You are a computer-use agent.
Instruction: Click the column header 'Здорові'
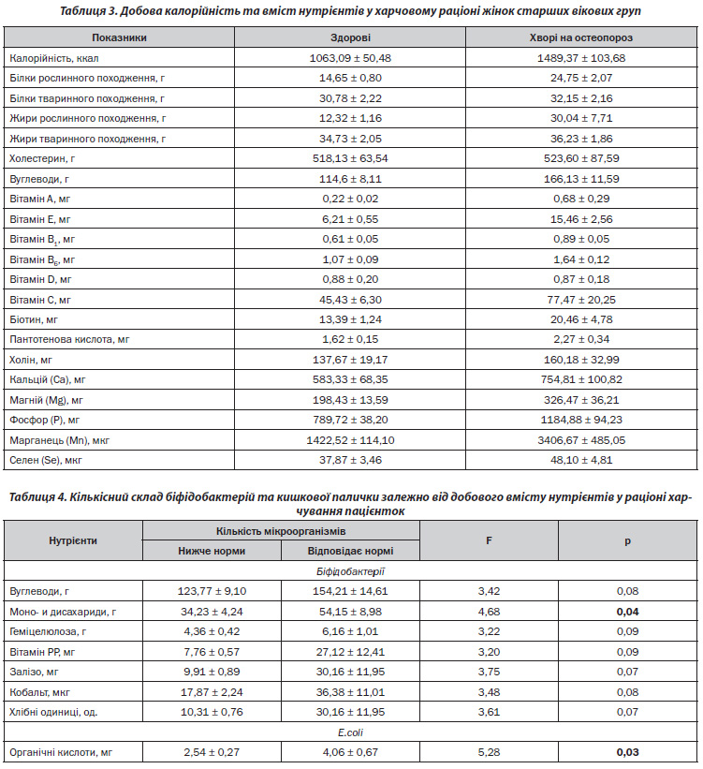coord(350,37)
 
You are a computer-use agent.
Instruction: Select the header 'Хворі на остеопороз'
coord(581,37)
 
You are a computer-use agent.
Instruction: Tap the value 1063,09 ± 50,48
coord(350,58)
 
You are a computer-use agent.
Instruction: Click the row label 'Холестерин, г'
coord(42,158)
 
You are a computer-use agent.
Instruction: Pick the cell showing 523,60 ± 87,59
coord(581,158)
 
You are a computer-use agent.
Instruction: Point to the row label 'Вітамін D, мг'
coord(40,279)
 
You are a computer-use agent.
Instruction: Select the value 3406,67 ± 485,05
coord(581,440)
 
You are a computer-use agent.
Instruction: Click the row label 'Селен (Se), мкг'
coord(46,460)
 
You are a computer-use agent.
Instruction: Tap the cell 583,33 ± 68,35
coord(350,379)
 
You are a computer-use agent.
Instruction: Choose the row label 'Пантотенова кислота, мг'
coord(69,339)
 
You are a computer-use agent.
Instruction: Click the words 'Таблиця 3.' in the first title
coord(88,11)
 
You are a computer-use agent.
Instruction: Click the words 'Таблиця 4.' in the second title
coord(37,497)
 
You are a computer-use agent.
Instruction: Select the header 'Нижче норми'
coord(212,551)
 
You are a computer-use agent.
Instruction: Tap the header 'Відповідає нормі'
coord(350,551)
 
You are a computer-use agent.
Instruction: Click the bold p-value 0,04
coord(627,612)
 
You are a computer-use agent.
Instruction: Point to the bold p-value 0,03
coord(627,752)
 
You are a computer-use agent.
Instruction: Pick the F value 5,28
coord(489,752)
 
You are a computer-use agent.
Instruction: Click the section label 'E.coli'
coord(350,732)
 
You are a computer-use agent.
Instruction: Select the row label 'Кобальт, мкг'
coord(39,692)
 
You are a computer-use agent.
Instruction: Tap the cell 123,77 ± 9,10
coord(212,591)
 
